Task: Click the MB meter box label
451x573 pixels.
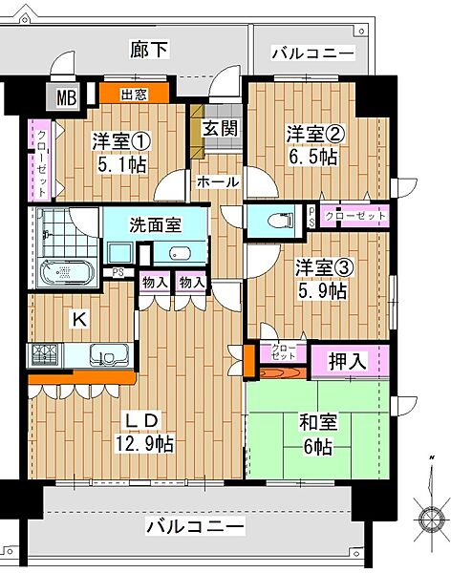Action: (66, 97)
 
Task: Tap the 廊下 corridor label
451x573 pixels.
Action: (148, 51)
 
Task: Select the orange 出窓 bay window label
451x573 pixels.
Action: (135, 94)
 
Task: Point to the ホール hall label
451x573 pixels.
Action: (218, 181)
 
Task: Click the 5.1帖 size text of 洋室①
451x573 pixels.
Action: (119, 163)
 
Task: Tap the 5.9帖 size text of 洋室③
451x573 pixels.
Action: (321, 291)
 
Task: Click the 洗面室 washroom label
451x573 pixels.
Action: (156, 226)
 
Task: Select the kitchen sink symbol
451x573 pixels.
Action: (107, 357)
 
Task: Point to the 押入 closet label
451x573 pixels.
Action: (349, 362)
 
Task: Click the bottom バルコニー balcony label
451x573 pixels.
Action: (196, 526)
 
